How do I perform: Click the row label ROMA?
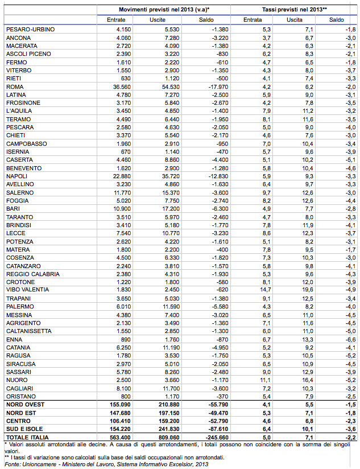pos(14,87)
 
